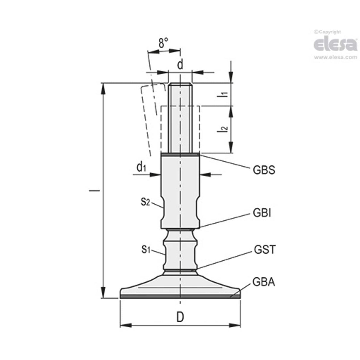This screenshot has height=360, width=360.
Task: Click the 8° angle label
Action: point(163,43)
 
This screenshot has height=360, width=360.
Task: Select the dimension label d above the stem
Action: point(180,64)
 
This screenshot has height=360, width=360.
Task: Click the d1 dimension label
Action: point(141,168)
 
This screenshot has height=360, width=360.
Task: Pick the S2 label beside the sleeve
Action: point(146,202)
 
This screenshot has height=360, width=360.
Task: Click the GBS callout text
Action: point(264,170)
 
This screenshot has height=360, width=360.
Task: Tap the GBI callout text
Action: point(262,213)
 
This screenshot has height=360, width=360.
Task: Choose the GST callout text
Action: point(265,250)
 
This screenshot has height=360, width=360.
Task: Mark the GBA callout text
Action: point(264,282)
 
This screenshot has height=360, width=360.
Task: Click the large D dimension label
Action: point(180,317)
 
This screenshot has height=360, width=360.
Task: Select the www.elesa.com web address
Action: point(335,57)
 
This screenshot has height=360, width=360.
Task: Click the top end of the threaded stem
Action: point(180,85)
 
